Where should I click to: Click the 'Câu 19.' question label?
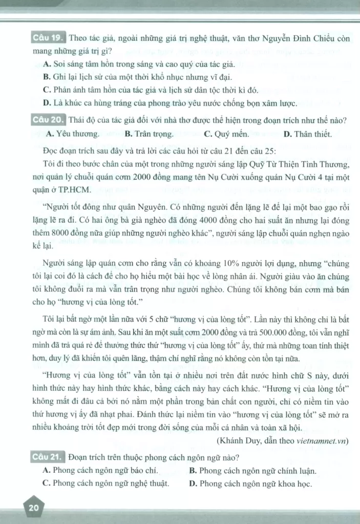pyautogui.click(x=48, y=37)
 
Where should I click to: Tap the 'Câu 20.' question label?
pyautogui.click(x=48, y=121)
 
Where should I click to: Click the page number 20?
pyautogui.click(x=34, y=508)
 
